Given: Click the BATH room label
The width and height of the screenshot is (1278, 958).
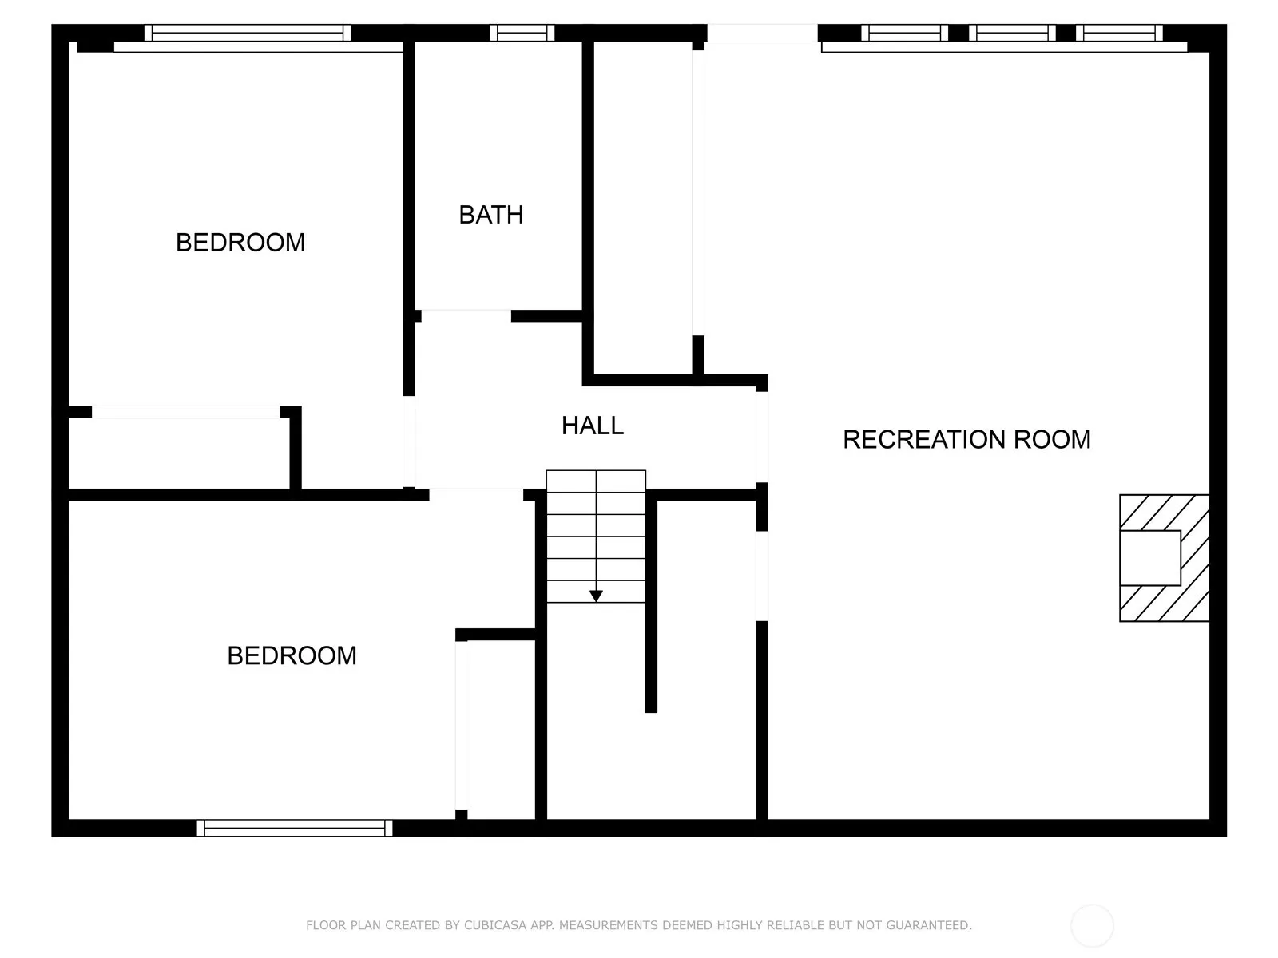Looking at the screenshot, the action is coord(490,216).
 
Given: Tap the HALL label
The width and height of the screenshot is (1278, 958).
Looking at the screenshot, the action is coord(592,426).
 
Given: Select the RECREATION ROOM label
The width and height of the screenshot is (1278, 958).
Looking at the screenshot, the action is coord(966,440).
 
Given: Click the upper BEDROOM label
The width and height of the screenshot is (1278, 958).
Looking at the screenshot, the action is coord(240,243).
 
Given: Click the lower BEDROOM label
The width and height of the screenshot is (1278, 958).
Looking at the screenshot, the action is coord(292,656).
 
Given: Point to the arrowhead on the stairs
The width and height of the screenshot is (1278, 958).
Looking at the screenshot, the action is coord(596,596).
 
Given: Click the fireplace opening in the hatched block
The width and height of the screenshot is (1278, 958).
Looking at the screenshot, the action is coord(1150,558).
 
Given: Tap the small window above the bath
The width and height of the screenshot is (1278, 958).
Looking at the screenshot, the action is coord(522,33).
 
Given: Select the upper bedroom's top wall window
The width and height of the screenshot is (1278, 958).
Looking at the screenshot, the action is coord(248,33).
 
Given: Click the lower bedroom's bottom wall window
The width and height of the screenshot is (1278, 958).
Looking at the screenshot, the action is coord(295,828).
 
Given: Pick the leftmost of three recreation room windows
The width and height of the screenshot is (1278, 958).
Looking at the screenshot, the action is coord(905,33).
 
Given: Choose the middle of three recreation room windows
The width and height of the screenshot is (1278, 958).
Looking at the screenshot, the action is coord(1012,33).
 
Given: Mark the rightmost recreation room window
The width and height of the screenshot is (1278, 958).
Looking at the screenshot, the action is coord(1119,33).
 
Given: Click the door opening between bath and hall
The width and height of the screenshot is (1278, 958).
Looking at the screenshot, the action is coord(466,316).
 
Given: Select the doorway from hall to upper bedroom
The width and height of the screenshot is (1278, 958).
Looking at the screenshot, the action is coord(409,441).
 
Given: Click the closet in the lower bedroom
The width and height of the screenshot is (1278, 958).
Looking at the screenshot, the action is coord(501,730).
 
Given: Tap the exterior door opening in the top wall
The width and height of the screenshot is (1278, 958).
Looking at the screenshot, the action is coord(762,33).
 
